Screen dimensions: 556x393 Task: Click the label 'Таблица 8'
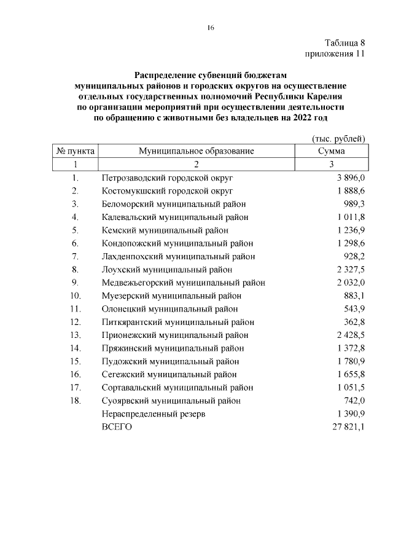click(x=345, y=43)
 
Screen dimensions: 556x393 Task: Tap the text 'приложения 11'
click(x=335, y=54)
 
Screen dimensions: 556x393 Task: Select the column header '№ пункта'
click(x=75, y=151)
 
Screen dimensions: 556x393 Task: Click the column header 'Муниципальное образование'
click(x=196, y=151)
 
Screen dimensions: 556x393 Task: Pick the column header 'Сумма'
click(x=331, y=151)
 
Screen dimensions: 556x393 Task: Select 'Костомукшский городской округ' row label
click(x=167, y=190)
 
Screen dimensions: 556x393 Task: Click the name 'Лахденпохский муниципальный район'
click(x=178, y=256)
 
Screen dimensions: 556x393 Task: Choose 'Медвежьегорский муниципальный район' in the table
click(x=183, y=283)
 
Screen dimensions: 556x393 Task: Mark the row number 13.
click(x=76, y=335)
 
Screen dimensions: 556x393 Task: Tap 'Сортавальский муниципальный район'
click(x=177, y=388)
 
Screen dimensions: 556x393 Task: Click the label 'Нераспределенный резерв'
click(x=153, y=414)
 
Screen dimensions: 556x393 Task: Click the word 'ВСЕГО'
click(x=117, y=427)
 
